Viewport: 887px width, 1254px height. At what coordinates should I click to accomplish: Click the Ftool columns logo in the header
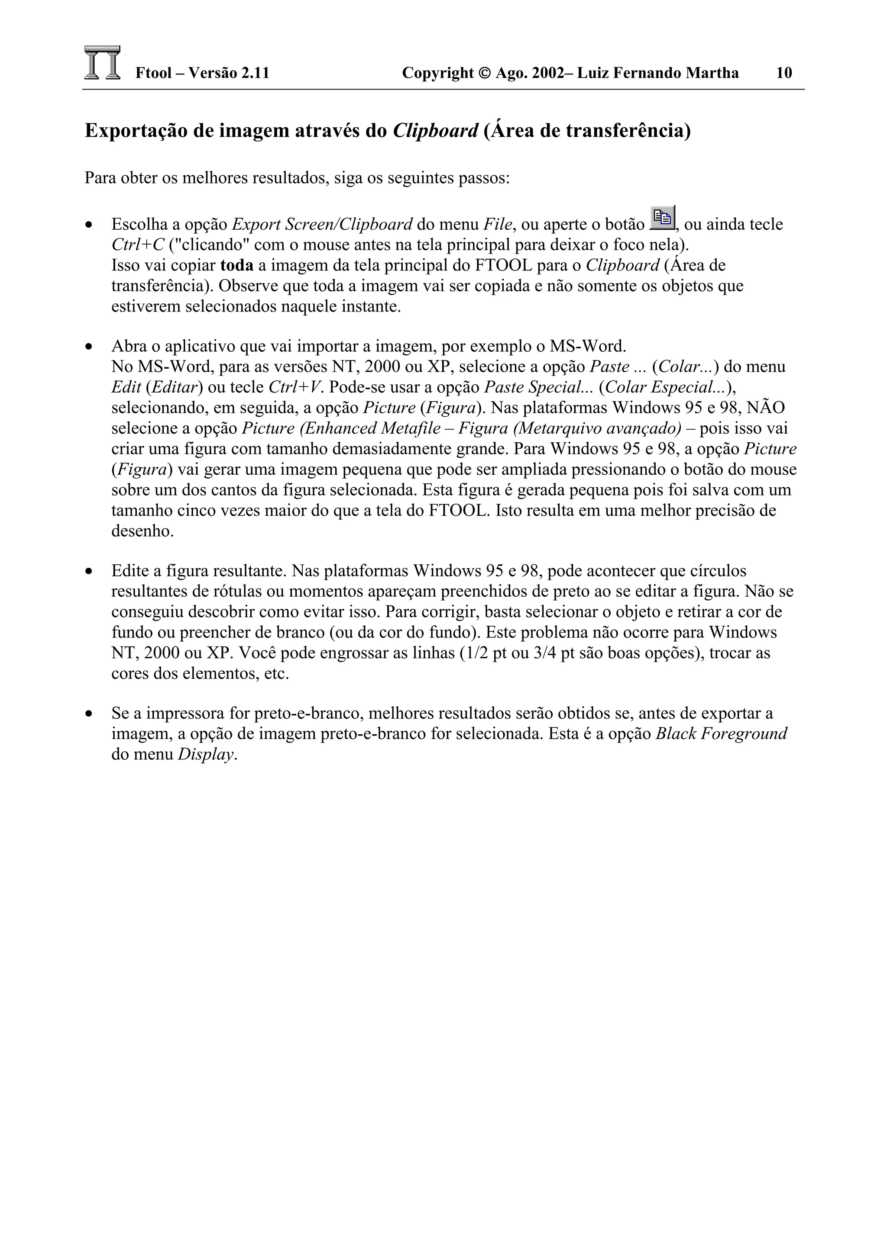(x=102, y=63)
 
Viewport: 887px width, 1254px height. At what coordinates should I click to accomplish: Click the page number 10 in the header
(x=784, y=73)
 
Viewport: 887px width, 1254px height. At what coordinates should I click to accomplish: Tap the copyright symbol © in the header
(x=484, y=73)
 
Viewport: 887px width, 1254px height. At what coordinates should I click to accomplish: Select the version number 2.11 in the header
(x=255, y=73)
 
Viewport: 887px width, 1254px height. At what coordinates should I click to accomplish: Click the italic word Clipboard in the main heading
(x=436, y=131)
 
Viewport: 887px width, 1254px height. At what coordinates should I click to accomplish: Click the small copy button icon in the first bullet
(x=662, y=219)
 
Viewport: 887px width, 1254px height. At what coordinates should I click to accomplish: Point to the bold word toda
(x=236, y=265)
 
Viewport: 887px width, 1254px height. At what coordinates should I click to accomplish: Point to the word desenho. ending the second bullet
(x=142, y=531)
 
